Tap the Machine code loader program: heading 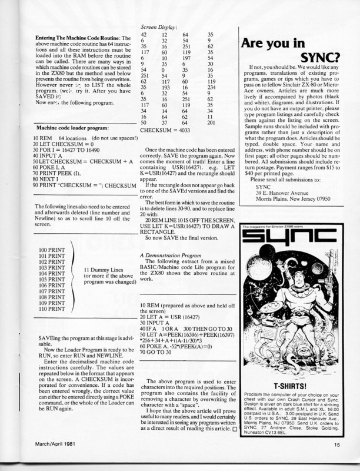(72, 127)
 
